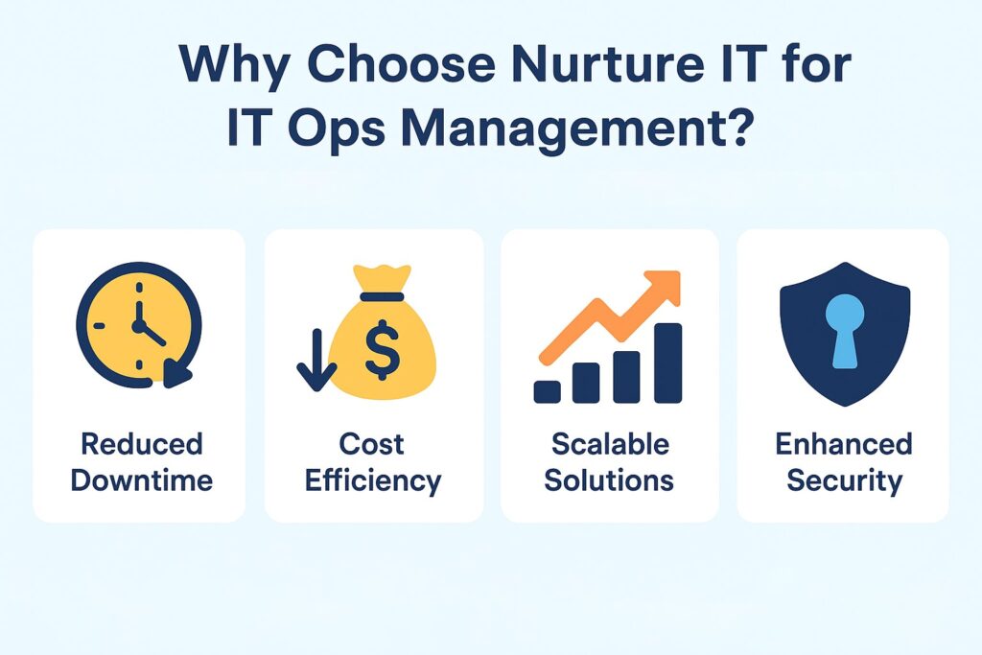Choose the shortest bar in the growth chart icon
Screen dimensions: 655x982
[x=548, y=391]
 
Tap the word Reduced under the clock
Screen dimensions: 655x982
[x=141, y=445]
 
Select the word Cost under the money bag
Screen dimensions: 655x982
[x=372, y=445]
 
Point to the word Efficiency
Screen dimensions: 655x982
[x=373, y=480]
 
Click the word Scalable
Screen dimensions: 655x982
[x=610, y=445]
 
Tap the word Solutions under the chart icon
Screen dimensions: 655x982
[x=610, y=480]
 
